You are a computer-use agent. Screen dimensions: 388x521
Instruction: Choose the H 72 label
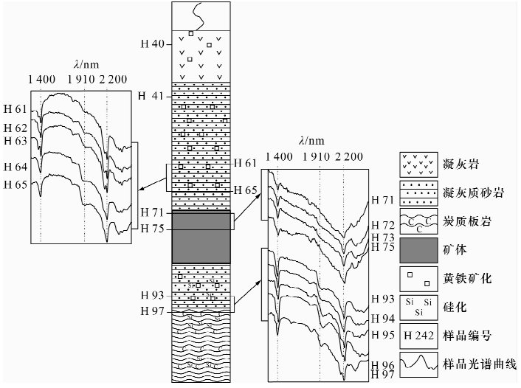[384, 224]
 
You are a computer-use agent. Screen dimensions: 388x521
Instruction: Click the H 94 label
[384, 319]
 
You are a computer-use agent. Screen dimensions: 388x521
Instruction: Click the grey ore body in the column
[201, 238]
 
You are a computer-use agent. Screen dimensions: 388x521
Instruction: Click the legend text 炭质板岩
[468, 221]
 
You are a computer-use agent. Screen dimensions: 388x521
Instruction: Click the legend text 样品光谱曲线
[477, 363]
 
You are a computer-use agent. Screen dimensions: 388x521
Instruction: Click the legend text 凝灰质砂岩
[473, 192]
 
